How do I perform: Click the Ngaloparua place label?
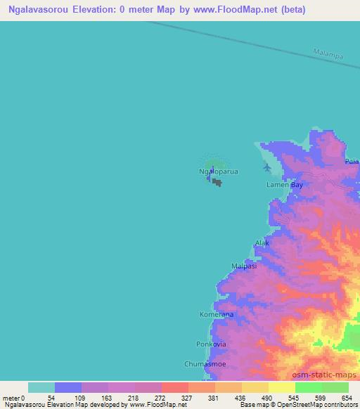[218, 171]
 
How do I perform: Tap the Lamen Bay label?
[284, 185]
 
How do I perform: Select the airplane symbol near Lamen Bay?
[266, 167]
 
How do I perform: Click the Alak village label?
[262, 243]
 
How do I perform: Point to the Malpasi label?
[244, 266]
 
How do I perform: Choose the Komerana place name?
[217, 316]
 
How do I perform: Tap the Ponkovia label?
[210, 344]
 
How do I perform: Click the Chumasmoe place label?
[205, 365]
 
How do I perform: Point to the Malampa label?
[328, 55]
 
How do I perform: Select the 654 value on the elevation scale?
[347, 397]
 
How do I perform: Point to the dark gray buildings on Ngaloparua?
[217, 183]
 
